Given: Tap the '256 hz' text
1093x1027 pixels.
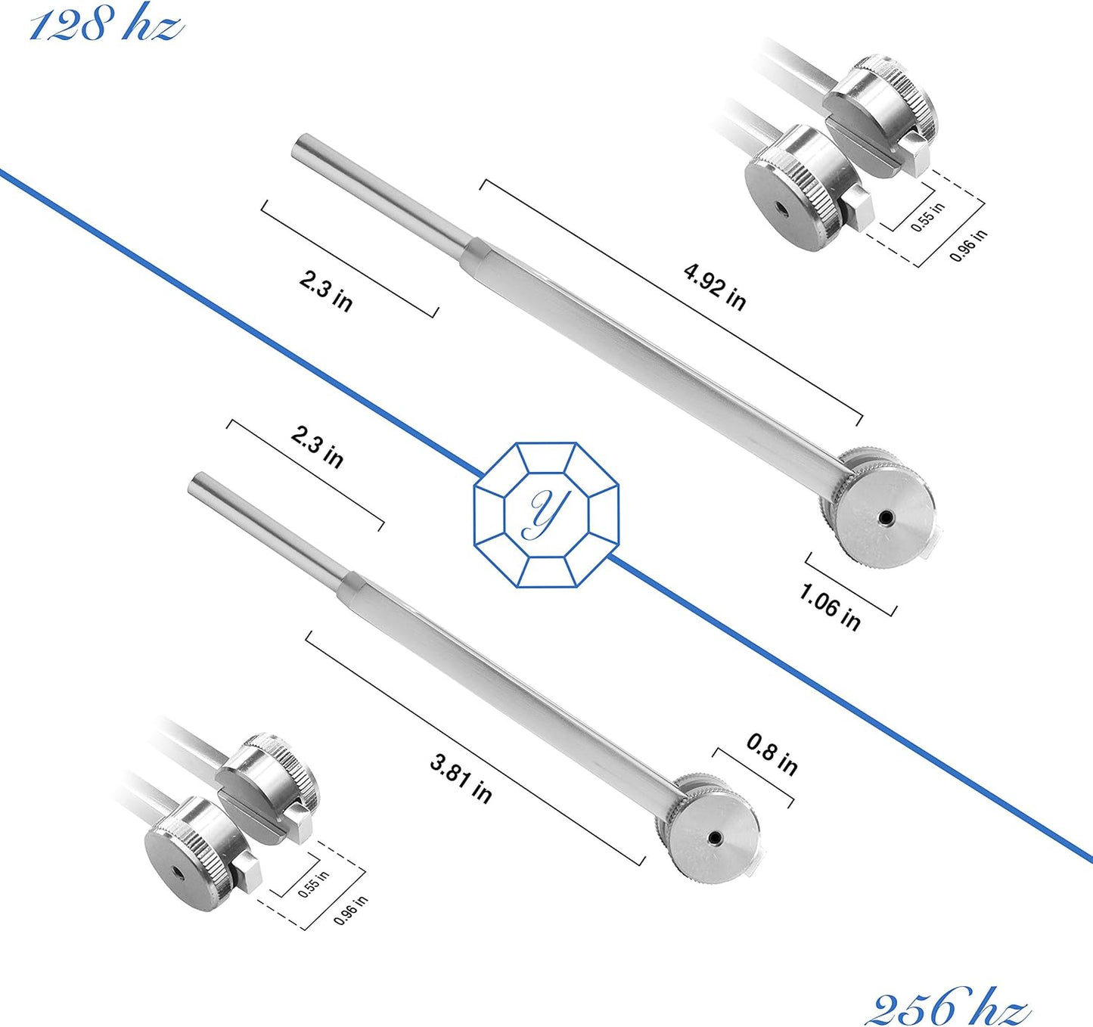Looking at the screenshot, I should click(x=948, y=1006).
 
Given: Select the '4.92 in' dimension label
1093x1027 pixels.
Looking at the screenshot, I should click(x=715, y=287).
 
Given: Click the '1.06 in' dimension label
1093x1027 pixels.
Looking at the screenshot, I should click(x=830, y=607).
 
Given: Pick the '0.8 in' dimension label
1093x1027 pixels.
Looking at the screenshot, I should click(x=772, y=754).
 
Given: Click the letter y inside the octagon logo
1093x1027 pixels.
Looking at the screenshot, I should click(x=545, y=513).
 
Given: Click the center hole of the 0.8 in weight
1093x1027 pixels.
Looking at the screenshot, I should click(x=714, y=837).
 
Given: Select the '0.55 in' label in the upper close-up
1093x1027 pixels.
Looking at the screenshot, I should click(x=927, y=216).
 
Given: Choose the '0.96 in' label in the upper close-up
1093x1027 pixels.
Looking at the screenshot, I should click(x=968, y=245).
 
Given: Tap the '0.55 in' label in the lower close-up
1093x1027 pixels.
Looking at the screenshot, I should click(x=313, y=884).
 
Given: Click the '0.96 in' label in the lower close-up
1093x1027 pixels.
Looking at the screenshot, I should click(x=351, y=910).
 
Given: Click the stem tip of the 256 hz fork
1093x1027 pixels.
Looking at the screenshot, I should click(x=198, y=482).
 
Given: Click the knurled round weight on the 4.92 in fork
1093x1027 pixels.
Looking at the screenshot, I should click(x=881, y=514).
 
